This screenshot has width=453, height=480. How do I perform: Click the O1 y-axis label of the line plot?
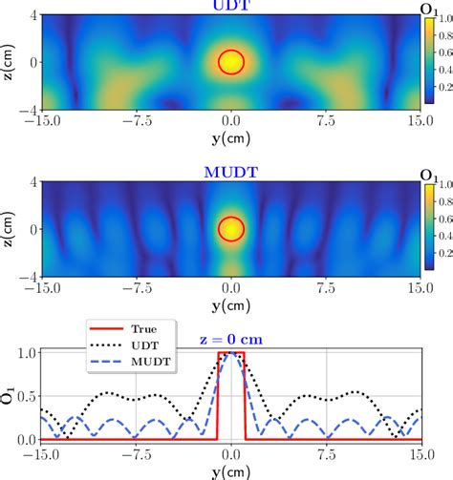9,396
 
